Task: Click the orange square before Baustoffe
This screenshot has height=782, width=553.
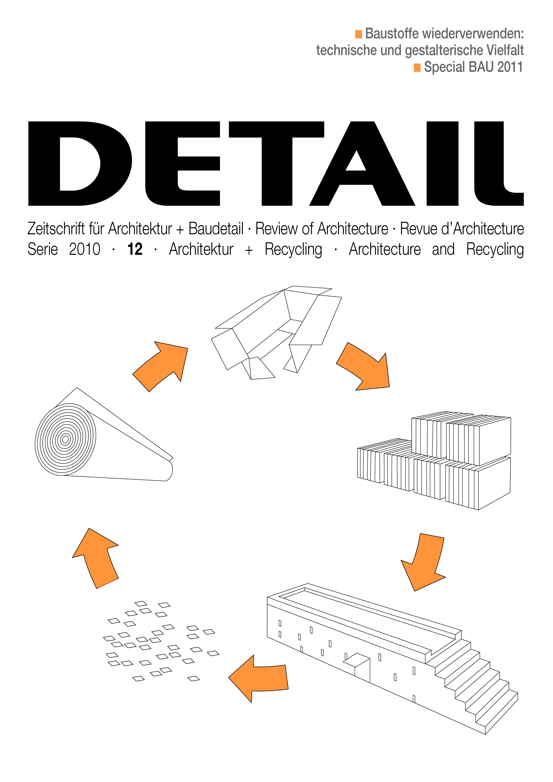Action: (x=358, y=34)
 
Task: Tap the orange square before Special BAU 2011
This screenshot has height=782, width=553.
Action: (x=417, y=68)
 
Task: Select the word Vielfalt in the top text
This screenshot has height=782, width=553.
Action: (x=505, y=50)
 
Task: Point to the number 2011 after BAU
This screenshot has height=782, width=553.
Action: (x=510, y=67)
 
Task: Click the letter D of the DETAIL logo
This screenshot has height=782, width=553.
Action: (x=80, y=163)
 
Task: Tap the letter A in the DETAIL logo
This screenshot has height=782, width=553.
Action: (x=362, y=163)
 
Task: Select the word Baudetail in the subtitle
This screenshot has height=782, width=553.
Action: (x=216, y=228)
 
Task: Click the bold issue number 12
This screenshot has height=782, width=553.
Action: (x=135, y=249)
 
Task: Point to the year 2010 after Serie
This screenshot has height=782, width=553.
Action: (x=85, y=249)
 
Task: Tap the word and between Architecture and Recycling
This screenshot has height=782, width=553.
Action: (x=443, y=249)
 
